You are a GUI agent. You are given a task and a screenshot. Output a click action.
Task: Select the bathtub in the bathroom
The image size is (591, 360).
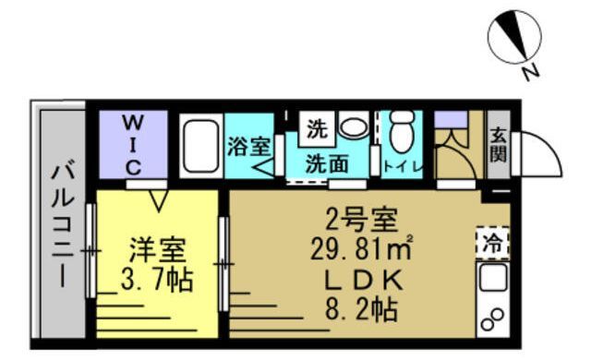(x=200, y=146)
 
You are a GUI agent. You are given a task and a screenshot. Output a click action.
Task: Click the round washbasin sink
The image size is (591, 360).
(x=351, y=126)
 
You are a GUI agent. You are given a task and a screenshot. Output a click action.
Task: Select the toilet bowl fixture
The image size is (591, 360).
(x=402, y=134)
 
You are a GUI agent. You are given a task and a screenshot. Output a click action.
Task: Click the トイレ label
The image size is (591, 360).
(x=403, y=167)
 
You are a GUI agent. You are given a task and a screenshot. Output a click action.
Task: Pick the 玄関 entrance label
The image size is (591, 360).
(x=498, y=145)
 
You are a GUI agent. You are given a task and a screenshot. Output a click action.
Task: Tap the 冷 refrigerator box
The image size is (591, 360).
(x=492, y=245)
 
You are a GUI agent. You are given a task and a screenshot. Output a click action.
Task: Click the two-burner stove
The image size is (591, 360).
(x=492, y=319)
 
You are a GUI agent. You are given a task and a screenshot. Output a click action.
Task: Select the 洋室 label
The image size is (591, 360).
(x=157, y=249)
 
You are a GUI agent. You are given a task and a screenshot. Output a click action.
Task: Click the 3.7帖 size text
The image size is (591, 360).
(x=157, y=279)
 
